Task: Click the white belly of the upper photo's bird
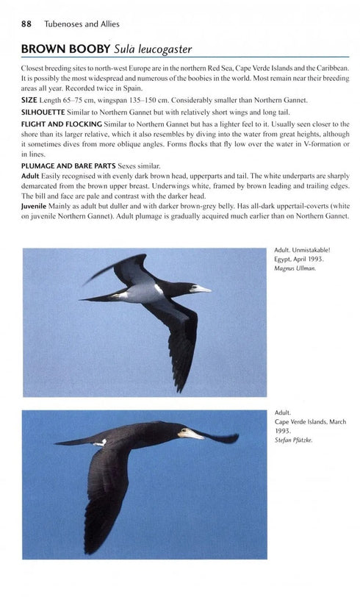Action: pos(147,293)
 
